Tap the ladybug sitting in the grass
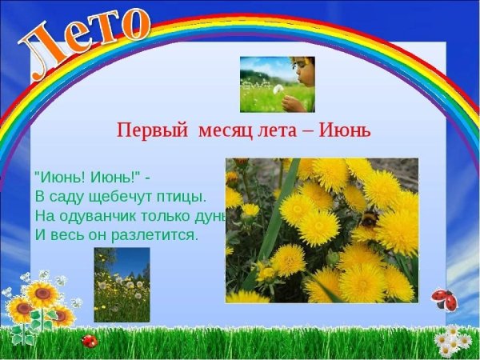[90, 342]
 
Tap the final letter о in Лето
[133, 19]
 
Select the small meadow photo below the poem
[122, 284]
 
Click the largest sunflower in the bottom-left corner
[42, 296]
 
